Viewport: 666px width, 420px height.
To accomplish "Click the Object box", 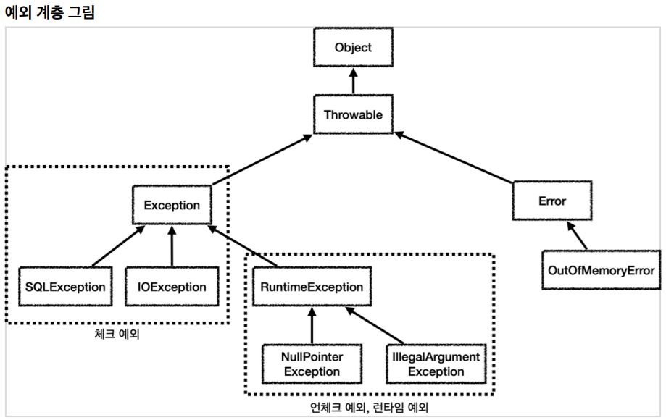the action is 353,47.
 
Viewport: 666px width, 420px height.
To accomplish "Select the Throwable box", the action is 353,114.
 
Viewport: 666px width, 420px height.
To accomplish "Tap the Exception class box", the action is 172,205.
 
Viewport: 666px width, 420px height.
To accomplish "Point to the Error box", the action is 552,201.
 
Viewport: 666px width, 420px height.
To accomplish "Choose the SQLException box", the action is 65,287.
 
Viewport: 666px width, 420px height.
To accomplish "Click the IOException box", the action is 172,287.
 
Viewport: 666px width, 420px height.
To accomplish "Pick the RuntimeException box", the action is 312,287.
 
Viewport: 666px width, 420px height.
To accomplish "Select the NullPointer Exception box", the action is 312,364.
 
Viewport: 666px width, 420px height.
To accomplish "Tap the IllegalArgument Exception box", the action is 436,364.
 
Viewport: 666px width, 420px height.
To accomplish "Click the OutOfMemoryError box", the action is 601,270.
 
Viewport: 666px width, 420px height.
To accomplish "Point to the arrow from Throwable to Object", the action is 353,81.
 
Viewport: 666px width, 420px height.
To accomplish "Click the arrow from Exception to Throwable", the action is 262,159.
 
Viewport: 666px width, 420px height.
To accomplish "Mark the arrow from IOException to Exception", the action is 172,246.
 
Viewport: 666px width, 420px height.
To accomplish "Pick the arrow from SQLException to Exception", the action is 119,246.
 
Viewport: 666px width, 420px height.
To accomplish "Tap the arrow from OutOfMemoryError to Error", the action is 577,235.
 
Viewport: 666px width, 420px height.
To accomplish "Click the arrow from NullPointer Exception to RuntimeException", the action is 312,325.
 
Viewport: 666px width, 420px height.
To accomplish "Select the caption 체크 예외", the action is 117,334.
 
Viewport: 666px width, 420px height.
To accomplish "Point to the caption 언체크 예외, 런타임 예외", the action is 369,407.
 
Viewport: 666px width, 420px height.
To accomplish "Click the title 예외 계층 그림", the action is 50,12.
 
